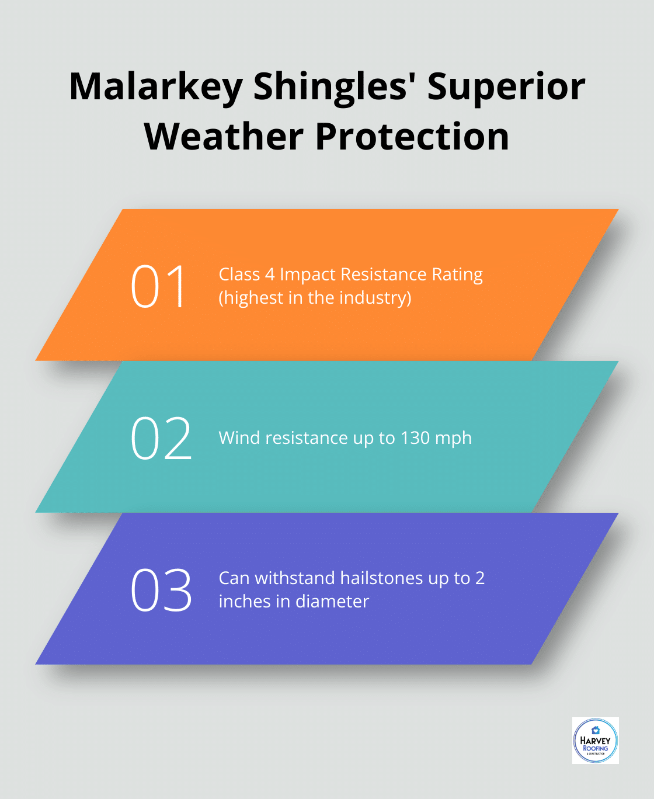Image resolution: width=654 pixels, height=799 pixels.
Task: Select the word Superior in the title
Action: (506, 87)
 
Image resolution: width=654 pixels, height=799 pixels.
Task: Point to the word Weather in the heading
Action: (224, 137)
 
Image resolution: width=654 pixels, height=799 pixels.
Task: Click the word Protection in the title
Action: (412, 137)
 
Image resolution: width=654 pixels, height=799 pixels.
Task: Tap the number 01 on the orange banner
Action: (158, 286)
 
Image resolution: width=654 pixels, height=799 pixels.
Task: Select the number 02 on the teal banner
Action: (161, 438)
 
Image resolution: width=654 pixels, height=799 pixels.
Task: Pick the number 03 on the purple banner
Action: (161, 590)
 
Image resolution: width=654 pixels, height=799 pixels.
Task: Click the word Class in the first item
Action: (239, 275)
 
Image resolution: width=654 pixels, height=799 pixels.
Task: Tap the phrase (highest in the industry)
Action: (315, 298)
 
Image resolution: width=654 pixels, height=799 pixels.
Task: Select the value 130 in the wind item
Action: (415, 438)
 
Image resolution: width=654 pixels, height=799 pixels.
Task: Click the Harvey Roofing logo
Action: (595, 741)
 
